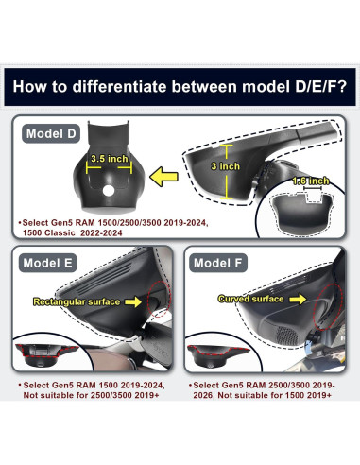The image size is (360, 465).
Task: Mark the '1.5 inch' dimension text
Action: [x=310, y=180]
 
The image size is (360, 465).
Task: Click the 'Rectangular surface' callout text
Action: [x=77, y=301]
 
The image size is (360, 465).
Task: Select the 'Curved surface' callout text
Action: [x=250, y=299]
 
